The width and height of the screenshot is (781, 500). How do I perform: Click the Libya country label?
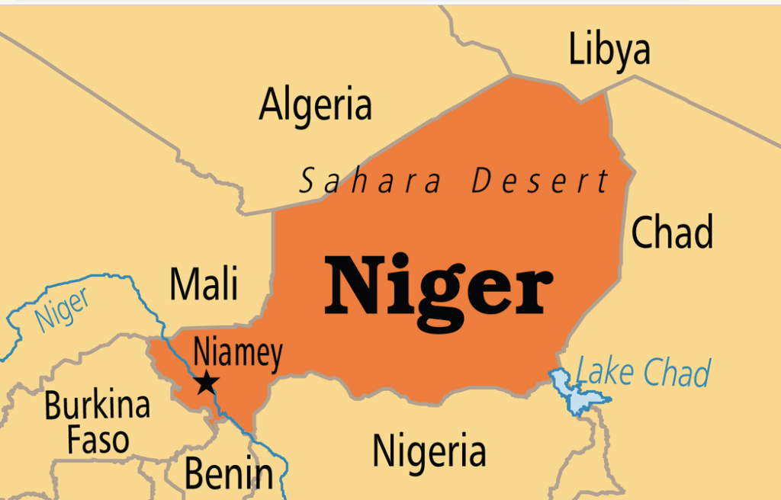[x=609, y=50]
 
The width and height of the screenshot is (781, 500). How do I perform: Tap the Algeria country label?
[x=315, y=104]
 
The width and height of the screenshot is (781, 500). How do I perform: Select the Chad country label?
[x=672, y=232]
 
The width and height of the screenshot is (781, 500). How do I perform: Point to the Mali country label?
[x=204, y=284]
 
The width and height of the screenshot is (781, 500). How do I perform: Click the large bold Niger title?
[x=439, y=286]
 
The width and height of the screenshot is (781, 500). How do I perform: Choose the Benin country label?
[x=228, y=474]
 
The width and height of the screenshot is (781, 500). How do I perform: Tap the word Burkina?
[x=97, y=405]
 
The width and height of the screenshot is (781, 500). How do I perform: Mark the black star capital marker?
[x=206, y=383]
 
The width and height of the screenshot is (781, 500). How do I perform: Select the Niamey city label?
[x=237, y=354]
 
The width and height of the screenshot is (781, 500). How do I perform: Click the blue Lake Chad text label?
[x=643, y=373]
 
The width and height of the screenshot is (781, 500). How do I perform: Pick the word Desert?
[x=540, y=182]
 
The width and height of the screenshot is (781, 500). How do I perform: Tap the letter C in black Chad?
[x=643, y=232]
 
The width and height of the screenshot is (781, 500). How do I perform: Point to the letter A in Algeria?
[x=272, y=105]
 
